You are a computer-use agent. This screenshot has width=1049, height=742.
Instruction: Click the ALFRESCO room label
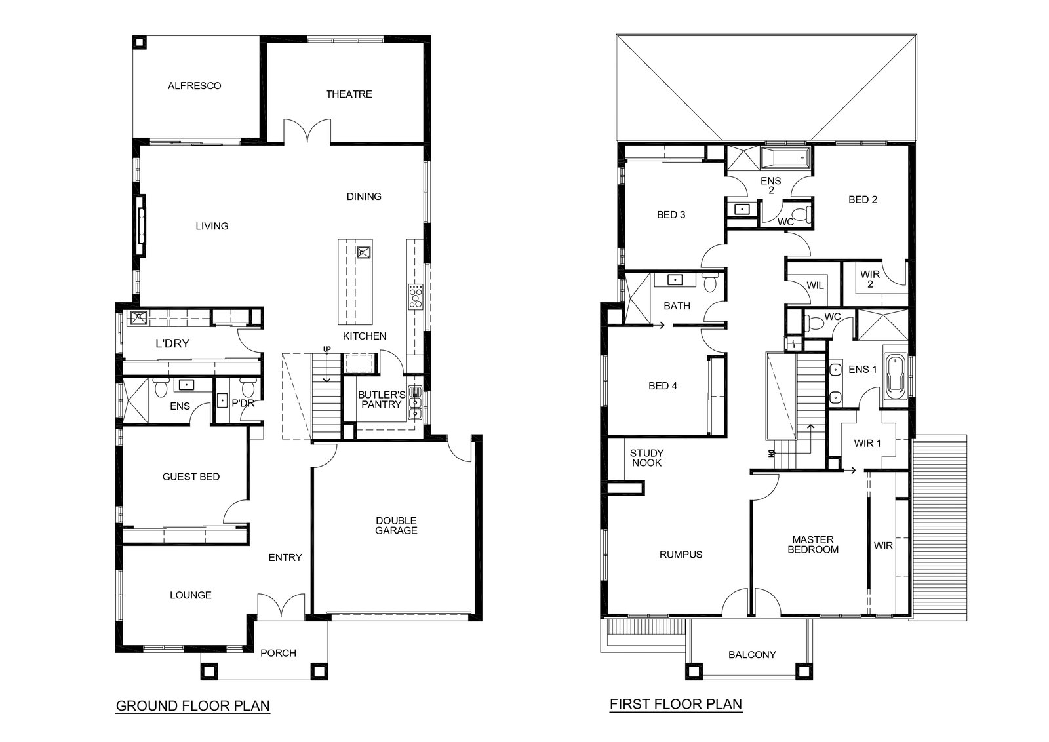(x=194, y=86)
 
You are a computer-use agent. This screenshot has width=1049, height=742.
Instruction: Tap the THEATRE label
(x=349, y=94)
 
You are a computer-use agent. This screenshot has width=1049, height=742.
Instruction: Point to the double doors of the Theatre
(x=307, y=130)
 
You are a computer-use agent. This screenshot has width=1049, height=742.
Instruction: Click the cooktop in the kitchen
(x=416, y=296)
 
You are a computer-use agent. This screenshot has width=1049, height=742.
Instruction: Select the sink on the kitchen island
(x=364, y=253)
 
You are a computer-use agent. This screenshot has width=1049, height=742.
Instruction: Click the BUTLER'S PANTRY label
(x=382, y=399)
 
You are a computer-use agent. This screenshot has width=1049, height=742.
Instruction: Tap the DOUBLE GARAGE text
(x=396, y=525)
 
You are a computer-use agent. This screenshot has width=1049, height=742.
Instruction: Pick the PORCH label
(x=278, y=653)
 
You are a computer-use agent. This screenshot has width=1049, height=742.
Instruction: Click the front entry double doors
(x=281, y=605)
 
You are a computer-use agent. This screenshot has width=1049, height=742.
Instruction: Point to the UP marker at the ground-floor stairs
(x=327, y=349)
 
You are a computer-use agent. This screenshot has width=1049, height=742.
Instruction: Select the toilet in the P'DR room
(x=247, y=387)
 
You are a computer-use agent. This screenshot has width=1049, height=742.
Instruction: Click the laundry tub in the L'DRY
(x=138, y=318)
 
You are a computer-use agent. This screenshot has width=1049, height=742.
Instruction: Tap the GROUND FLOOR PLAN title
(x=193, y=705)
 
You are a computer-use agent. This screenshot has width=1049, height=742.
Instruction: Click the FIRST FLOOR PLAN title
(x=676, y=704)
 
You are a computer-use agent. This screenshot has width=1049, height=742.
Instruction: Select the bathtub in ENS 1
(x=896, y=378)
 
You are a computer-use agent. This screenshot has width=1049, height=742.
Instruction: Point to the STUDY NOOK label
(x=646, y=458)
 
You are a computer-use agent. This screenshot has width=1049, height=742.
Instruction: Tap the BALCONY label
(x=752, y=655)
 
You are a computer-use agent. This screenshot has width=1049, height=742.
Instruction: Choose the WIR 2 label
(x=870, y=279)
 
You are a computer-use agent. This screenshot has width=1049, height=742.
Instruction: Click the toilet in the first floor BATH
(x=711, y=282)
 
